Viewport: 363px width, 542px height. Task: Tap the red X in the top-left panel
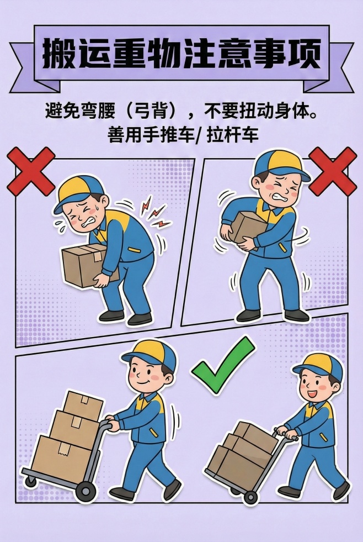point(30,171)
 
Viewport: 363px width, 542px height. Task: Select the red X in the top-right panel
point(333,171)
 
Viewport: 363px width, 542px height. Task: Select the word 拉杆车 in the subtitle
point(232,134)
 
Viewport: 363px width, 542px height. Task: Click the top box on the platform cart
point(83,405)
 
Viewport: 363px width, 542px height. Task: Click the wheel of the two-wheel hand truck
point(250,496)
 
